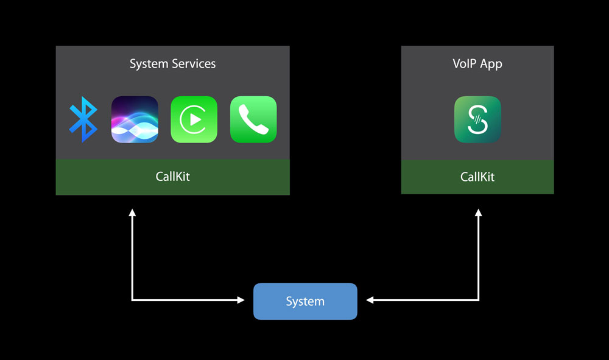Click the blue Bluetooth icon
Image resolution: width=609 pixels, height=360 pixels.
[x=83, y=119]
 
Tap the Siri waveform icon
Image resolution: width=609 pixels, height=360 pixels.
[x=135, y=119]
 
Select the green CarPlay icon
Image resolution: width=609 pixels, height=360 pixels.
[x=194, y=119]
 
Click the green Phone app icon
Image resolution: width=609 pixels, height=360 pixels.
[x=253, y=119]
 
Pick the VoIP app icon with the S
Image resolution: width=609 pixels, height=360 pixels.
[x=477, y=119]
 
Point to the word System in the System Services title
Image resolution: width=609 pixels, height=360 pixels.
[x=147, y=64]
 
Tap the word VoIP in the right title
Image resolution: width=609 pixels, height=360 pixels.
[x=465, y=64]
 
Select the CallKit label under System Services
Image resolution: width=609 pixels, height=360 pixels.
[x=173, y=177]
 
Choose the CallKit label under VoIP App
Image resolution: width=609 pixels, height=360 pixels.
[x=477, y=177]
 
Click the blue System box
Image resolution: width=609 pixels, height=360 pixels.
[x=305, y=302]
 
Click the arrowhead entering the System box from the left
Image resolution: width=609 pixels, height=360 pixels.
[x=240, y=300]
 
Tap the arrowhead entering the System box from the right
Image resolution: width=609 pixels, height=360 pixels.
[x=370, y=300]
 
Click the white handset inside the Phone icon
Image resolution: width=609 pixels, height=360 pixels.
[x=254, y=120]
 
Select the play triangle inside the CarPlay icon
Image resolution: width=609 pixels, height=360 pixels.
[x=195, y=119]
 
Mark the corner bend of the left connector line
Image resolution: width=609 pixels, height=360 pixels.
[x=132, y=300]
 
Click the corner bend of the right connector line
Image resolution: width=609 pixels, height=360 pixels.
[x=479, y=300]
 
